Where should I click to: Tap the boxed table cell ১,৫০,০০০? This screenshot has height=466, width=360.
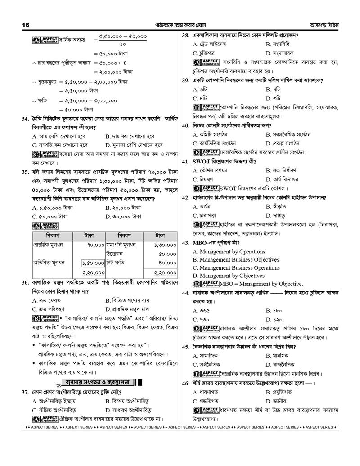(93, 262)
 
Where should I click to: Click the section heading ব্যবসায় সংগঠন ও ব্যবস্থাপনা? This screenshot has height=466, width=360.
(97, 383)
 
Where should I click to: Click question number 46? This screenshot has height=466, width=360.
(185, 383)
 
